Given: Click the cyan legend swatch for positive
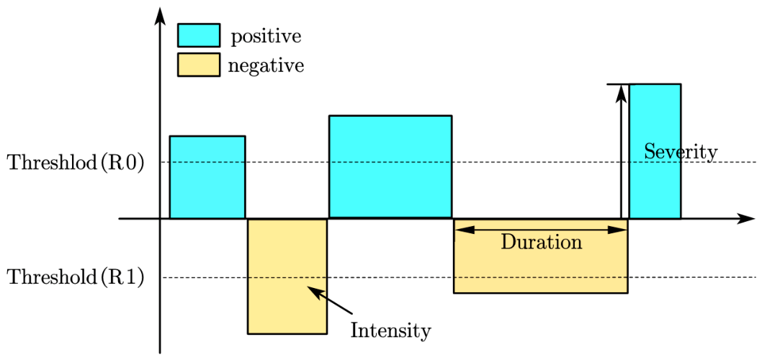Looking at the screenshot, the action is point(199,35).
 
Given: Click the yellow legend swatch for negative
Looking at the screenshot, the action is point(199,65).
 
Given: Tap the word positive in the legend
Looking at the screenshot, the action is point(266,37).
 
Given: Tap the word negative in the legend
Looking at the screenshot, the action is point(266,66).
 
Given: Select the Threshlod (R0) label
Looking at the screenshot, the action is point(76,163).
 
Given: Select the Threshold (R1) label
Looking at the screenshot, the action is point(76,277).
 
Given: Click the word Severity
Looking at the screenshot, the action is point(681,152).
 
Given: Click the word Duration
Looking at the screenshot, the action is point(542,241).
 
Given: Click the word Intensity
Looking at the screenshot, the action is point(390,331).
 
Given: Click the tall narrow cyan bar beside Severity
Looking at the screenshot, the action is point(655,151).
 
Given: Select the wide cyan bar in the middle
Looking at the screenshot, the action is point(390,167).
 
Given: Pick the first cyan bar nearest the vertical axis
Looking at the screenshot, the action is point(207,177).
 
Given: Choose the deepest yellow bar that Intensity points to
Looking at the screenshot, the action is point(287,276).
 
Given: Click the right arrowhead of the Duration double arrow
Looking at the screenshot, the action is point(618,230).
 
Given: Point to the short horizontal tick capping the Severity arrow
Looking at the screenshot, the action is point(618,84).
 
